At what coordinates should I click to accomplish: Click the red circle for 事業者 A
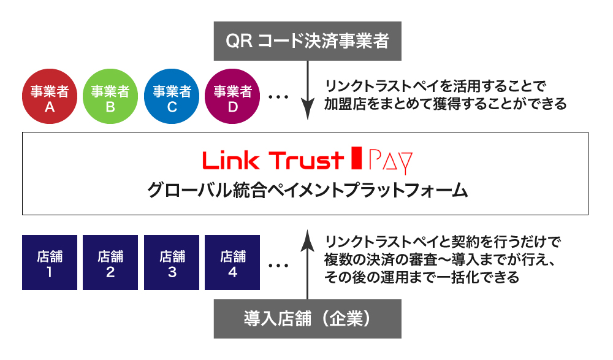[49, 98]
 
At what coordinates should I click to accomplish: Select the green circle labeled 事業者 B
[110, 98]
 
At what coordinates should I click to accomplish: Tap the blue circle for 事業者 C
[172, 98]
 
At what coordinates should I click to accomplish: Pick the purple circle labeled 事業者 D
[232, 98]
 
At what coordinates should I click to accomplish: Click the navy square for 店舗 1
[49, 262]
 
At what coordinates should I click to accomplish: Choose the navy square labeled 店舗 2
[110, 262]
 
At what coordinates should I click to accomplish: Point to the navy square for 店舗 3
[172, 262]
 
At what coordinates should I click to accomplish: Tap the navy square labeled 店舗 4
[232, 262]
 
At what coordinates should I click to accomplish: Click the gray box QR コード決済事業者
[307, 40]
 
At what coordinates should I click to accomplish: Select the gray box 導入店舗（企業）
[307, 319]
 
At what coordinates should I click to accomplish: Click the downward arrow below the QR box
[307, 92]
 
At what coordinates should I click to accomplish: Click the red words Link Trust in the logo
[273, 161]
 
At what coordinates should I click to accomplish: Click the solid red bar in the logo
[355, 160]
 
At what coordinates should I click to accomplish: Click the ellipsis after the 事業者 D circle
[278, 98]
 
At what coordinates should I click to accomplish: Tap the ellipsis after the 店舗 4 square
[278, 266]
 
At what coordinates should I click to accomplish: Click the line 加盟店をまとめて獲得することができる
[446, 104]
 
